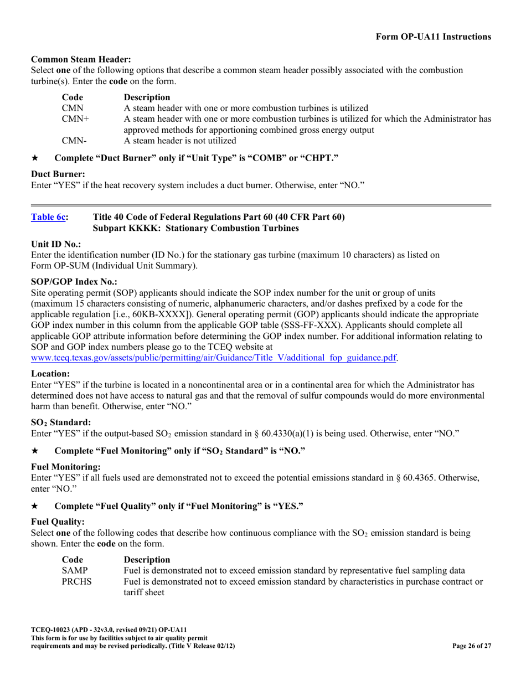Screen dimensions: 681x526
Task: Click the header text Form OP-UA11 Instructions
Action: [x=433, y=37]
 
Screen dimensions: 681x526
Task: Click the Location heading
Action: [x=50, y=374]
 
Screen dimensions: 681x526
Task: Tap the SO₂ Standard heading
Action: [x=61, y=422]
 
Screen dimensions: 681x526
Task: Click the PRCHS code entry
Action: [x=76, y=581]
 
